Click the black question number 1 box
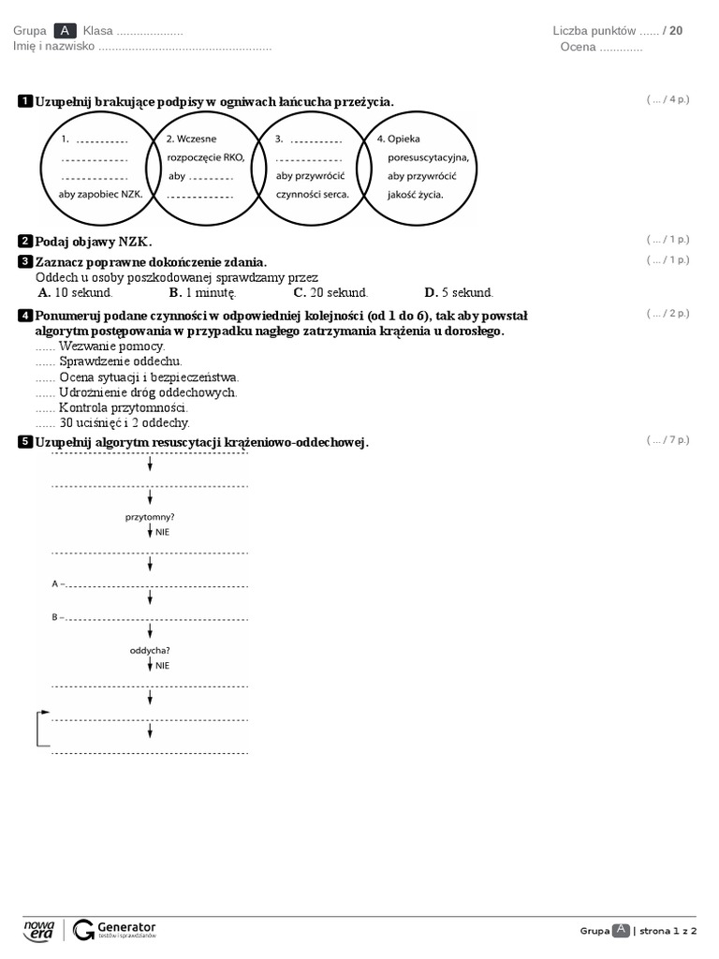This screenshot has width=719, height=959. (x=25, y=101)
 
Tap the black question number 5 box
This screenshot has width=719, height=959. (x=25, y=442)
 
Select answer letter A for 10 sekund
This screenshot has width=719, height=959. (x=44, y=292)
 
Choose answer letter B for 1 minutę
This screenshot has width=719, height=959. (x=175, y=292)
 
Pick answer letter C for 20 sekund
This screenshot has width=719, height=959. (x=300, y=292)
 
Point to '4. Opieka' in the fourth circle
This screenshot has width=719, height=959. (x=399, y=140)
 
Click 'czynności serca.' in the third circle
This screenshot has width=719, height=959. (x=312, y=194)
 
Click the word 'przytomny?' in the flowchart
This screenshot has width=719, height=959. (x=150, y=516)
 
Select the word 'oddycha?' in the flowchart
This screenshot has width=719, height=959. (x=150, y=650)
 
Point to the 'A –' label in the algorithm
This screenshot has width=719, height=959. (x=58, y=583)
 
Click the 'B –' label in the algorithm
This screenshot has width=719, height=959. (x=58, y=617)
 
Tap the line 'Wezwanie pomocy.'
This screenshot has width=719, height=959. (x=111, y=347)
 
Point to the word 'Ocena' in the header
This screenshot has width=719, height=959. (x=579, y=47)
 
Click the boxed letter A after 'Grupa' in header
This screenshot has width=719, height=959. (x=65, y=31)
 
